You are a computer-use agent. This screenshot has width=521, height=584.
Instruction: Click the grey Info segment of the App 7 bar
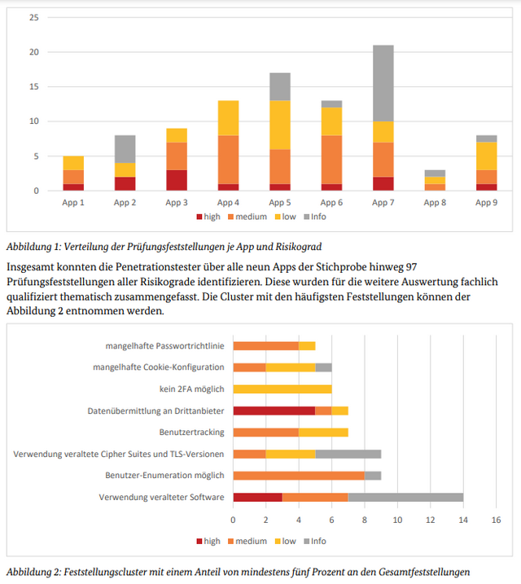point(383,83)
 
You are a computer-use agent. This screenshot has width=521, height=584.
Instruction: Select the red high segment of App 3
point(177,180)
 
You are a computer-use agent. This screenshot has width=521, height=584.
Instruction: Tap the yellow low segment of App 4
point(228,117)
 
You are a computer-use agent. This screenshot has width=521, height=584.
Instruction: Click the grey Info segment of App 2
point(125,149)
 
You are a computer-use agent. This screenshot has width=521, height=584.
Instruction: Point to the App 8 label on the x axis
point(435,203)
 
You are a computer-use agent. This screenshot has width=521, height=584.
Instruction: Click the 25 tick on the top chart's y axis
point(33,17)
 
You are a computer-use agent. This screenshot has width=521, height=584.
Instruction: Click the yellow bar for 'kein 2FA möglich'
point(282,389)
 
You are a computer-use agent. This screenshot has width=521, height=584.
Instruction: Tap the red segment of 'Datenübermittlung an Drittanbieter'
point(274,411)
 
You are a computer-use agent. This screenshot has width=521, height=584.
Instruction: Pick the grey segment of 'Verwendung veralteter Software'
point(405,497)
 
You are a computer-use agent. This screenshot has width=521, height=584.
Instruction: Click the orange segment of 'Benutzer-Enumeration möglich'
point(299,475)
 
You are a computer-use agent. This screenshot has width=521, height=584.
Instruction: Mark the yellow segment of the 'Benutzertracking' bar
point(323,432)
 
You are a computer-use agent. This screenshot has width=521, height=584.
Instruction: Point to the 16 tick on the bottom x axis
point(496,519)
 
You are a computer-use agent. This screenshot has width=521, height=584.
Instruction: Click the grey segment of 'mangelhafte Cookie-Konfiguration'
point(323,367)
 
